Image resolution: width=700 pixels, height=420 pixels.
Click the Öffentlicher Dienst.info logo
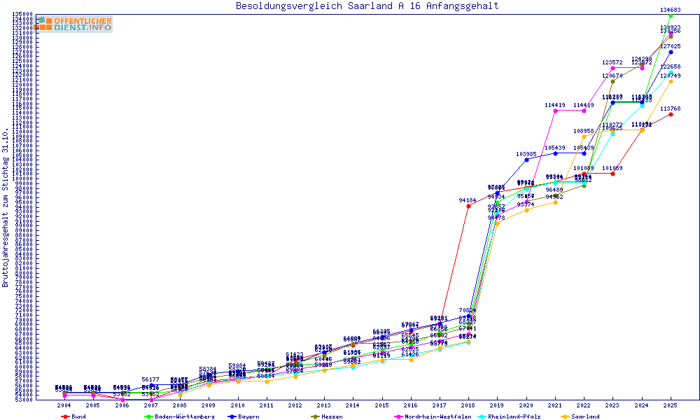click(x=73, y=24)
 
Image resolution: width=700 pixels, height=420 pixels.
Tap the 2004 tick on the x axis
click(x=64, y=405)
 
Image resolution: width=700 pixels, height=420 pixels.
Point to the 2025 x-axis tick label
click(x=671, y=405)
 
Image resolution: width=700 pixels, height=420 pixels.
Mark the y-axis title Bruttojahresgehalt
click(x=6, y=207)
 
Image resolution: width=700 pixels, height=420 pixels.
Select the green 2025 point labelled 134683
click(x=671, y=15)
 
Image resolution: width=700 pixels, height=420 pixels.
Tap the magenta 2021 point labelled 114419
click(x=555, y=111)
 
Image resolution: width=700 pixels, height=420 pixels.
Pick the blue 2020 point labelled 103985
click(x=526, y=160)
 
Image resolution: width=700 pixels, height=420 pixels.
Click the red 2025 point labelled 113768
click(x=671, y=114)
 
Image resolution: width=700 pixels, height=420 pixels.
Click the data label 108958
click(x=584, y=131)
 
